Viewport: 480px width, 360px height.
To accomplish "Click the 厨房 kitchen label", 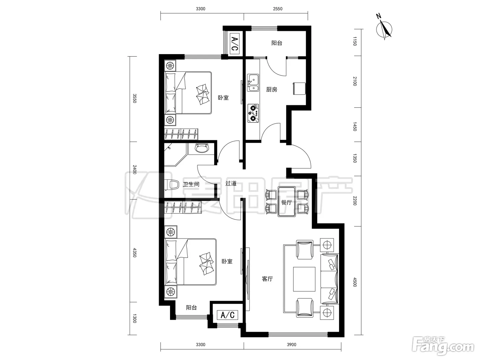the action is point(272,89).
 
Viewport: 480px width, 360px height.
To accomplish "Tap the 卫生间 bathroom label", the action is point(191,184).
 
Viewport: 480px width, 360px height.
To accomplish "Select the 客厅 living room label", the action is point(267,279).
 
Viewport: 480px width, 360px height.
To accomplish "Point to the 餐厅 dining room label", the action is point(287,202).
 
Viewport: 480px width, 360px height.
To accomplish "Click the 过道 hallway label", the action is point(231,183).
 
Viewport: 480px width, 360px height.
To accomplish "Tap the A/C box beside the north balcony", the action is point(235,44).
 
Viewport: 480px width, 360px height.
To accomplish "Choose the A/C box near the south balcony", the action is point(227,315).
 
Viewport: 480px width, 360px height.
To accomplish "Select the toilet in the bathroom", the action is point(172,185).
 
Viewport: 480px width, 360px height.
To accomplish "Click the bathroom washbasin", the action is point(202,148).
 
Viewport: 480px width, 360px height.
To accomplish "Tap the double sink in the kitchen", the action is point(253,83).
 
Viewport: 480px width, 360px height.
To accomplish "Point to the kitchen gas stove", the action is point(253,113).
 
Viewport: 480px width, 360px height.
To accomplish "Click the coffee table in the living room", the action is point(304,279).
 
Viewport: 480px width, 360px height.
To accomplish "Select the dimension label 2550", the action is point(277,9).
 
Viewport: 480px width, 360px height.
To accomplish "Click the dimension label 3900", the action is point(291,345).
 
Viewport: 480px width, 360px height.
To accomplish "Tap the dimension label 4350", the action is point(134,252).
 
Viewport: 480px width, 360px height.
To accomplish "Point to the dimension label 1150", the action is point(355,41).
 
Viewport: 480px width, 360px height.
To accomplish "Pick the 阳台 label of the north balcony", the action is point(277,43).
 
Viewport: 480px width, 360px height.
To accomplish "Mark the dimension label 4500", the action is point(355,282).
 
